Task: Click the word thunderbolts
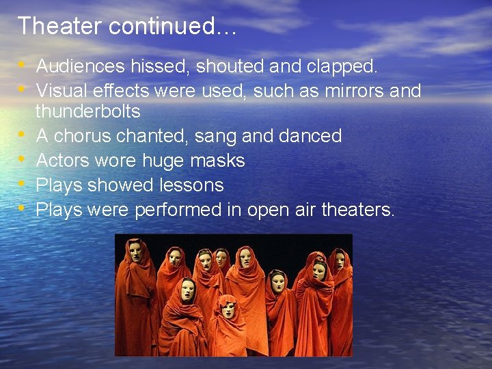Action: pos(87,111)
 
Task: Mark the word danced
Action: pos(310,136)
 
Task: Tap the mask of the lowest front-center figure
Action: pos(228,310)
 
